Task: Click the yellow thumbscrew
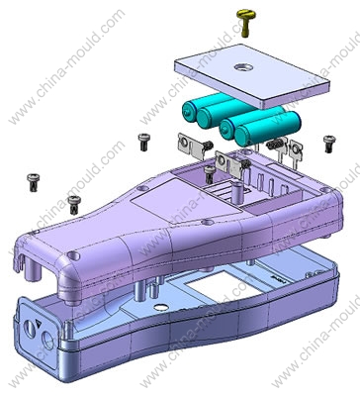[246, 22]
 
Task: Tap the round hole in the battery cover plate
[243, 67]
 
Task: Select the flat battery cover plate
[252, 76]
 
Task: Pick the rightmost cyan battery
[267, 129]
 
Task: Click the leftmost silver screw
[34, 182]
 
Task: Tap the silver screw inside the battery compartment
[210, 174]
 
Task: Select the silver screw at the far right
[329, 144]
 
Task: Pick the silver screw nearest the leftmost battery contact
[144, 142]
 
